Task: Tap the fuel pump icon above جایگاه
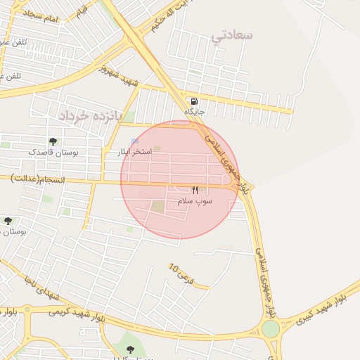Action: tap(193, 101)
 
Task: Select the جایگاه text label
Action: tap(193, 112)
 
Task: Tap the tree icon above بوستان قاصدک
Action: tap(53, 141)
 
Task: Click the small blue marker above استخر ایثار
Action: tap(134, 141)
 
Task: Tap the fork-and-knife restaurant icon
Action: tap(195, 190)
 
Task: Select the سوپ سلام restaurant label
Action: tap(195, 201)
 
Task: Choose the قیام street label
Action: tap(82, 9)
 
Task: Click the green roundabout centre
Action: tap(270, 329)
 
